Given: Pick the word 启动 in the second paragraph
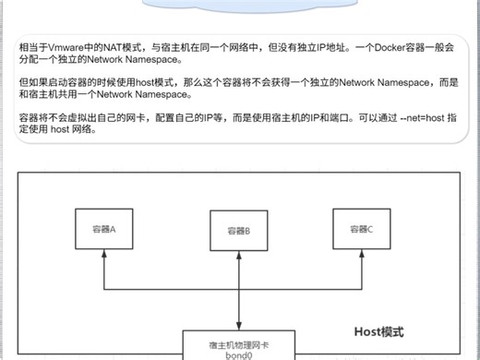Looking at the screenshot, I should point(56,82).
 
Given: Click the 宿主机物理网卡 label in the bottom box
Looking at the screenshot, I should point(237,342).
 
